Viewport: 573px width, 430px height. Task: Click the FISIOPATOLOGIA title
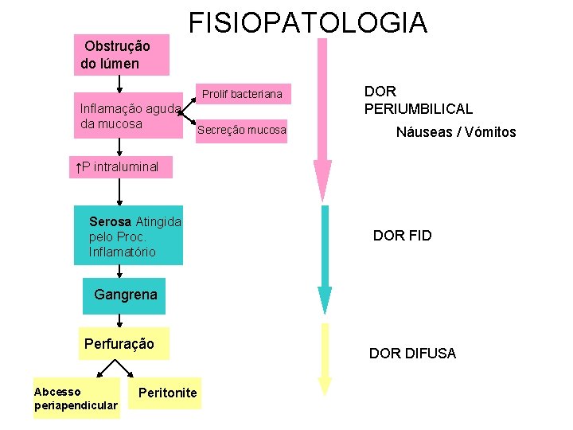point(307,22)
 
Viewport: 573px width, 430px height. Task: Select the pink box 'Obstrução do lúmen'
point(123,55)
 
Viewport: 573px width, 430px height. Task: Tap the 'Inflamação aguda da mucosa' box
point(130,117)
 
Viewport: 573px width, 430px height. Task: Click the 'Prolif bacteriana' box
point(241,95)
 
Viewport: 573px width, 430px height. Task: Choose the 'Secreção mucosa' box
point(241,130)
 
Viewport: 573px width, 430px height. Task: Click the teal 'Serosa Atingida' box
point(133,236)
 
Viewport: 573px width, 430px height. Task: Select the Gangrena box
point(125,295)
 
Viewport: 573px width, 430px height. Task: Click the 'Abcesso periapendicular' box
point(76,399)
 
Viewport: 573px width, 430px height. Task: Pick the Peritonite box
point(167,393)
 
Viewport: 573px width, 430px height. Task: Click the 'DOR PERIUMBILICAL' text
point(418,100)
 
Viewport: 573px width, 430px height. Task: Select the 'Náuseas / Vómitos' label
point(456,133)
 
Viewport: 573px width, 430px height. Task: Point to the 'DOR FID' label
point(402,236)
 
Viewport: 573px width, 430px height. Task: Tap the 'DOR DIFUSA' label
point(412,354)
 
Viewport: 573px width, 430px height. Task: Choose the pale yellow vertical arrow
point(324,358)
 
